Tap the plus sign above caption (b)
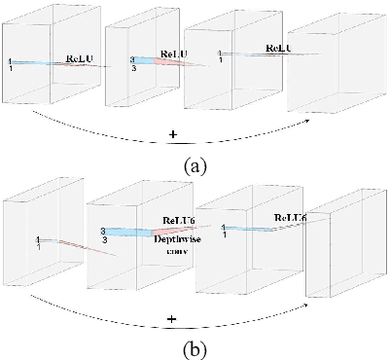pos(171,318)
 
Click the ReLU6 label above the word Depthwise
pos(179,221)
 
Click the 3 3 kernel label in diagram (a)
pos(135,63)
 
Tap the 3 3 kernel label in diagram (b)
pos(103,233)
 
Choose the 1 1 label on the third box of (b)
pos(227,230)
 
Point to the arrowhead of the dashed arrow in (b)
pos(306,298)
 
